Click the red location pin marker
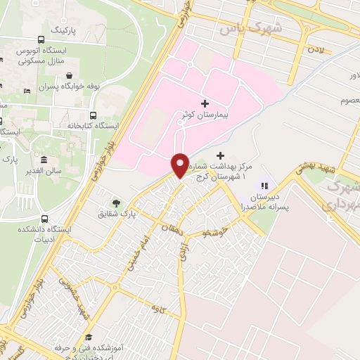pos(180,166)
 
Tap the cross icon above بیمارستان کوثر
pos(205,103)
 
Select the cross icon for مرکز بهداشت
pos(221,155)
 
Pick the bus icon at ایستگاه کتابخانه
pos(94,115)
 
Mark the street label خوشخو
pos(214,231)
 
